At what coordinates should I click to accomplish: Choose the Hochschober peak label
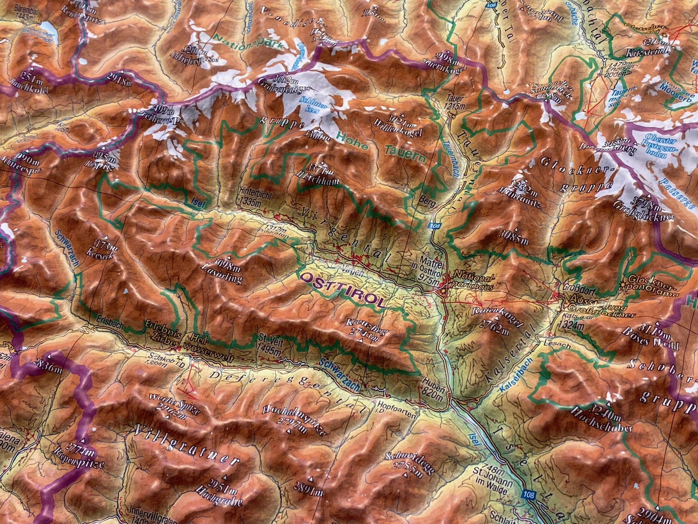pyautogui.click(x=604, y=420)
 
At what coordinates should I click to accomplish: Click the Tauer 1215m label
pyautogui.click(x=454, y=102)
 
